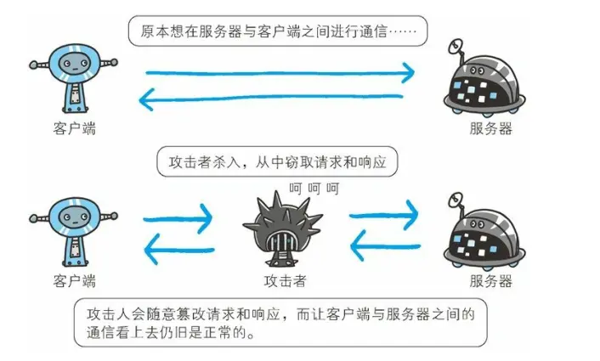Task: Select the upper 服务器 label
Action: (x=491, y=128)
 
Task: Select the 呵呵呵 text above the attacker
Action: (x=314, y=188)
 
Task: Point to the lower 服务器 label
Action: (x=491, y=280)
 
